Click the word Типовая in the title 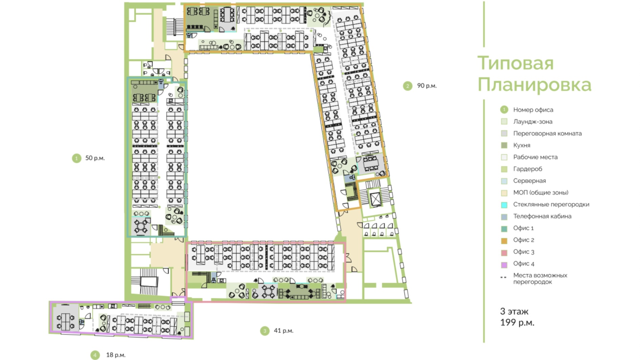pos(515,63)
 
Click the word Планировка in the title pos(534,85)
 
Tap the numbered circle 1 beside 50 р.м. pos(77,158)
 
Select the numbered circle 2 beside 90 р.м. pos(408,86)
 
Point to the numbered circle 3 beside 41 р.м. pos(265,331)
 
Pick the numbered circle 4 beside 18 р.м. pos(95,355)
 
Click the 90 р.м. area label pos(427,86)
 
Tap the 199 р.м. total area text pos(517,322)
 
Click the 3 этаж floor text pos(514,311)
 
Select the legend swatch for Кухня pos(504,145)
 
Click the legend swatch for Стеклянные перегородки pos(504,205)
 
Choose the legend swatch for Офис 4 pos(504,264)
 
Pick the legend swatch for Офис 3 pos(504,252)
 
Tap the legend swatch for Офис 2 pos(504,240)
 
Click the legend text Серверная pos(530,181)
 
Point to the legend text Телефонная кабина pos(542,216)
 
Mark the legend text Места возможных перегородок pos(540,278)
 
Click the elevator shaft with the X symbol pos(376,199)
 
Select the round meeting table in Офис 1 pos(141,226)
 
